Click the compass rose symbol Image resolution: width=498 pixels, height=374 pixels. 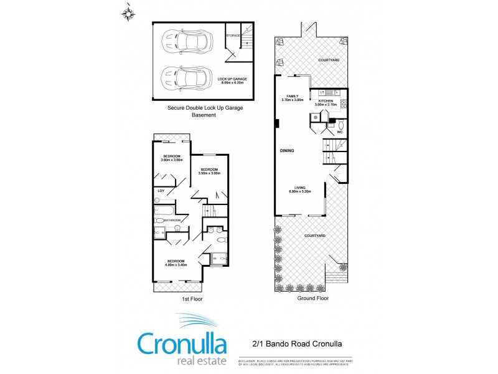point(129,12)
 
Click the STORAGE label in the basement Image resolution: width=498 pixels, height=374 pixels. point(233,36)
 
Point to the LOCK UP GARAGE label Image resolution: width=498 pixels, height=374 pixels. point(232,80)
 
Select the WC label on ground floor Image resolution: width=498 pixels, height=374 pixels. point(340,132)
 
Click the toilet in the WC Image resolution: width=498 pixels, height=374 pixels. point(339,123)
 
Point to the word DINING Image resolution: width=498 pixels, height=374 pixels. point(287,151)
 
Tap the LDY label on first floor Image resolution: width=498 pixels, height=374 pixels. point(161,191)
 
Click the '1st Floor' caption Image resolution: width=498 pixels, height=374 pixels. point(192,299)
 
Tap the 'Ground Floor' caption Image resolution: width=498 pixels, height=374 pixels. point(313,298)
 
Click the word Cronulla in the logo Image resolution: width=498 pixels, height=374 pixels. point(181,343)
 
